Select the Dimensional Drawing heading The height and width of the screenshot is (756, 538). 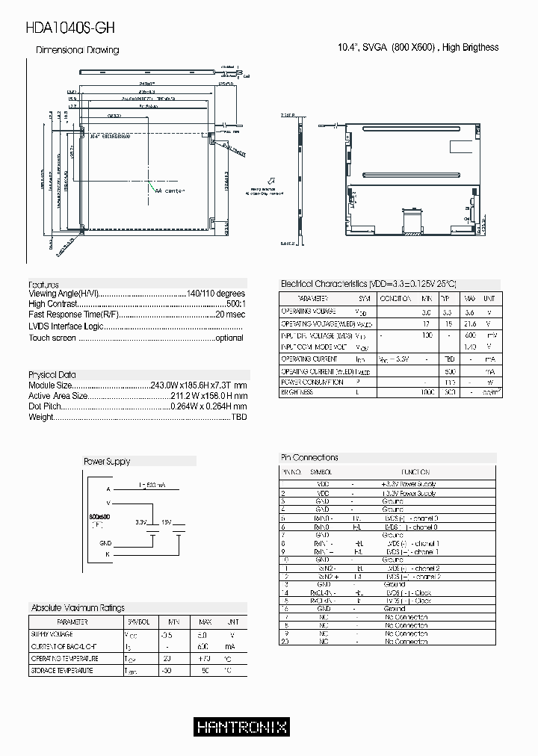(78, 50)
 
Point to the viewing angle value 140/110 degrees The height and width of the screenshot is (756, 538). (215, 294)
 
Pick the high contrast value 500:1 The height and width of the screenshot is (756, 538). (235, 305)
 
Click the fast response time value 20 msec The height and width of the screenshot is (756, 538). (229, 315)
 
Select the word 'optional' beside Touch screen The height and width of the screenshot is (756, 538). (229, 338)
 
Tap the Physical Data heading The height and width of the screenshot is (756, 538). (52, 374)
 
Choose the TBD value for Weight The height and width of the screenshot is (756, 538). (238, 417)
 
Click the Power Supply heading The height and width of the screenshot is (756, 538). (106, 462)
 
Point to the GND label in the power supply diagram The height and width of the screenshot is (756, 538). (105, 542)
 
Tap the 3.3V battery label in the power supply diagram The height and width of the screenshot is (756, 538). (141, 522)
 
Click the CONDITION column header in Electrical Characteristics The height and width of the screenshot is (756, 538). (395, 298)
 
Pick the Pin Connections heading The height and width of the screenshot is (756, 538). (309, 457)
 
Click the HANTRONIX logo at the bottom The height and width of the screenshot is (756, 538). (241, 726)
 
